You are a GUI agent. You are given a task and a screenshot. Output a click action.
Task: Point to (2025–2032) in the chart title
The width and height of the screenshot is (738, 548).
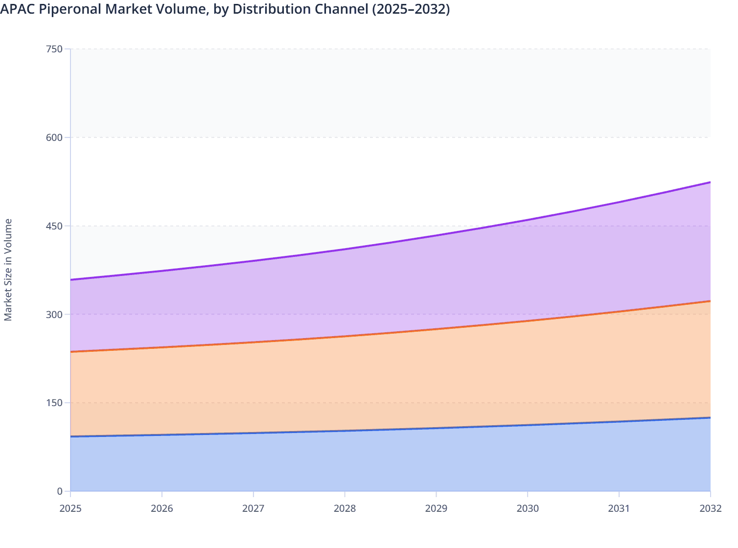411,9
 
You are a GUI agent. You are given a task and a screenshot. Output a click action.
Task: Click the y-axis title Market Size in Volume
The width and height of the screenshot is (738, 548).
8,270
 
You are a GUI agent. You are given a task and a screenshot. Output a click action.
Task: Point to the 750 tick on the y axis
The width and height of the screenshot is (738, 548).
54,49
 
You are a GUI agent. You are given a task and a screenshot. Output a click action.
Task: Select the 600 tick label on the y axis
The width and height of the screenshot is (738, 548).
54,137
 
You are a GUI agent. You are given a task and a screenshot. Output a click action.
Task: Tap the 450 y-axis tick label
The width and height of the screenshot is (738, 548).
54,226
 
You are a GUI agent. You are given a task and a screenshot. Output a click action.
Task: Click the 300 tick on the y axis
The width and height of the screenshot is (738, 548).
54,314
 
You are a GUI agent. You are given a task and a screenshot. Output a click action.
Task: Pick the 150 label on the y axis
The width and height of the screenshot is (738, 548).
54,403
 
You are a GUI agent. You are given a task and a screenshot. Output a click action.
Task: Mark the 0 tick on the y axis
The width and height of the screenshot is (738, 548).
60,491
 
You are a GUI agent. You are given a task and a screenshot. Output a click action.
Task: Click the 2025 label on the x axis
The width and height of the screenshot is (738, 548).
70,508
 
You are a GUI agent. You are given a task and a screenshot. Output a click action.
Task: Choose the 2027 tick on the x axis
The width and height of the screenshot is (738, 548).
253,508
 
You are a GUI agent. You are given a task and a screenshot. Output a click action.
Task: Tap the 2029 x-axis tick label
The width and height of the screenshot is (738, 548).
436,508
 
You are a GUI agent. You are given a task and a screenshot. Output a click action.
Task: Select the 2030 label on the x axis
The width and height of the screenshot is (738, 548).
528,508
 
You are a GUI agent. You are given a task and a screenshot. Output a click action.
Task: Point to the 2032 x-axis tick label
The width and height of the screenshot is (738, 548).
710,508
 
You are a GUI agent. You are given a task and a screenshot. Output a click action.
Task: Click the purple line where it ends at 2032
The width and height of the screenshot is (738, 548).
710,183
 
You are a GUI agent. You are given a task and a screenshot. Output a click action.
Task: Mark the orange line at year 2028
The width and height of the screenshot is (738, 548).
345,336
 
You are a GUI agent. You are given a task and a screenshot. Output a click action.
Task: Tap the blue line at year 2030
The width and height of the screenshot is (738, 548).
528,425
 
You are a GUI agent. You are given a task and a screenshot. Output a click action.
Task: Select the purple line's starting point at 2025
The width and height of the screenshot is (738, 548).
71,280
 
